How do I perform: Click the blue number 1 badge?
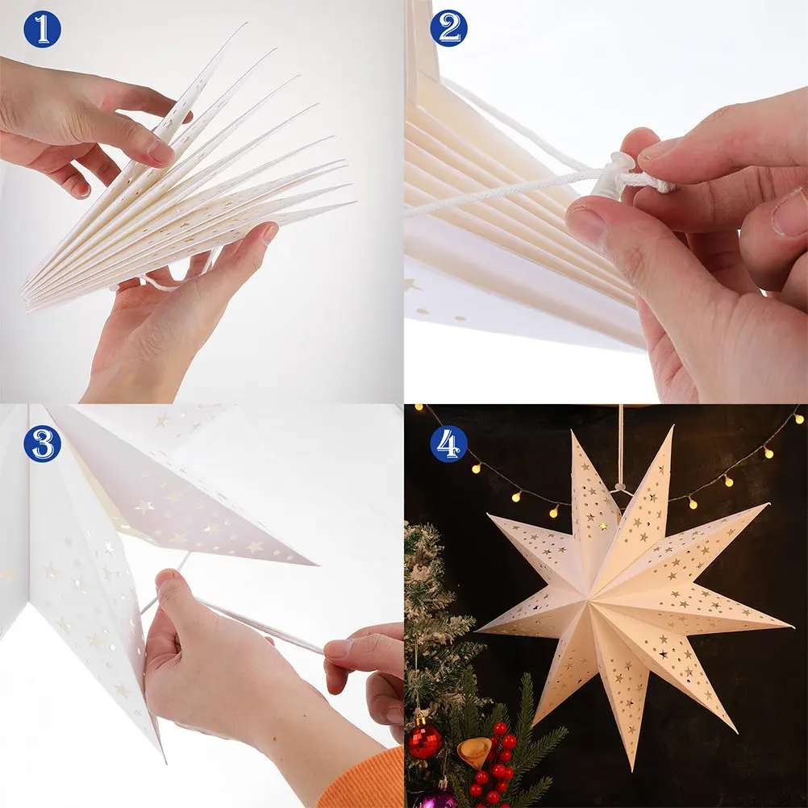click(x=42, y=29)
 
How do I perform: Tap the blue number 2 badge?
click(x=448, y=28)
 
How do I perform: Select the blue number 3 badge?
click(x=42, y=444)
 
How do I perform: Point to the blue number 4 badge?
click(x=448, y=444)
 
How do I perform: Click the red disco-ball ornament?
click(x=425, y=740)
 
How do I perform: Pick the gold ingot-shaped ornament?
click(x=474, y=752)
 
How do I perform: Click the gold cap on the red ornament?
click(x=422, y=720)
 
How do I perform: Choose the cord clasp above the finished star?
click(x=620, y=486)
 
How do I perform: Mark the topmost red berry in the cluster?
click(x=500, y=729)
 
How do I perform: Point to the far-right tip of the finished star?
click(x=792, y=627)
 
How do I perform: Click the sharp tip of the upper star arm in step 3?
click(x=315, y=564)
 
